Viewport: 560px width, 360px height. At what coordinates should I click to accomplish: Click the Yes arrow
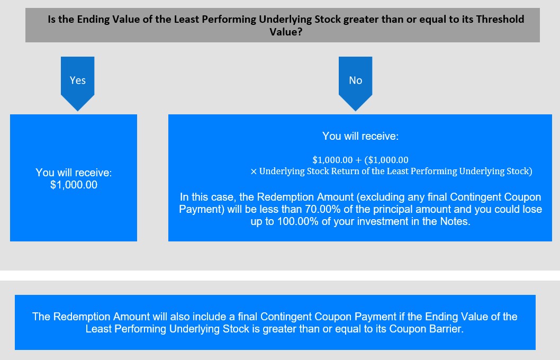click(77, 83)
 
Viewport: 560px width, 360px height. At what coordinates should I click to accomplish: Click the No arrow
click(355, 83)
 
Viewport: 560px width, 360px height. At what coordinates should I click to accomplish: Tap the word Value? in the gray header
click(286, 32)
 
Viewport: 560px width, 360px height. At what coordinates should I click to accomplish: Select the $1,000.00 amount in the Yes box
click(74, 185)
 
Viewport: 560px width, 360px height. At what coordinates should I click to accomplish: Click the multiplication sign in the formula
click(254, 172)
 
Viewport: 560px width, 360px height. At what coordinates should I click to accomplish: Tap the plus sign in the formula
click(358, 160)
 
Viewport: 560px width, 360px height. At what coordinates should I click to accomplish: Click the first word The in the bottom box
click(41, 317)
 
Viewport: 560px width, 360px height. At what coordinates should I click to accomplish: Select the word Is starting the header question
click(51, 19)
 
